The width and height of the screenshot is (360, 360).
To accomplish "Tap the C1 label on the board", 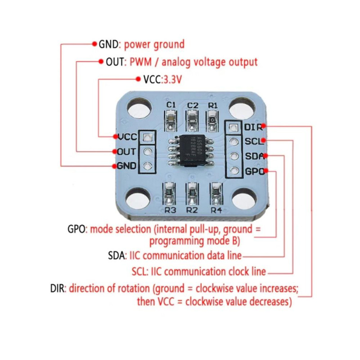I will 171,105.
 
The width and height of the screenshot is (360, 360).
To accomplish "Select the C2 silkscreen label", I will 193,105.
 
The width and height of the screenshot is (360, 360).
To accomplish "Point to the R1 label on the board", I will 213,105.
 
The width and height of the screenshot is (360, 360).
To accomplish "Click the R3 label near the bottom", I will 170,210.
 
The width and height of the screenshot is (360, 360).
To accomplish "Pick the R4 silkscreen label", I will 216,210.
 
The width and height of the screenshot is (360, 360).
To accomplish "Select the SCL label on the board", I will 252,141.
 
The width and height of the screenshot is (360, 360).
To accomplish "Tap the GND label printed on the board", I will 127,166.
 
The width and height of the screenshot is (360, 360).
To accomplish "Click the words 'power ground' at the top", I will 154,44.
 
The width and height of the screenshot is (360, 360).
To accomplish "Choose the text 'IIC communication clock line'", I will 207,271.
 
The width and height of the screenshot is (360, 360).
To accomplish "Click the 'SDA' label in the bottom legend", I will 117,256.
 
